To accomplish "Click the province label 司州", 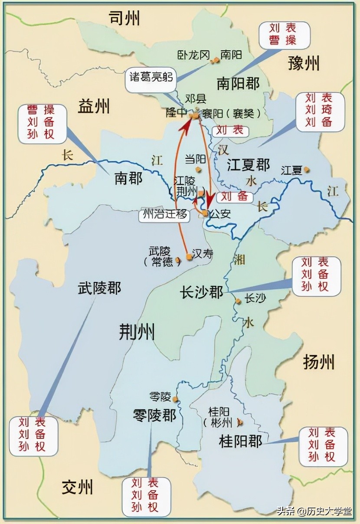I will click(124, 18).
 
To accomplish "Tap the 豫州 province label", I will click(303, 63).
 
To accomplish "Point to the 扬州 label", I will click(319, 361).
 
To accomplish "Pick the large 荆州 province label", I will click(137, 332).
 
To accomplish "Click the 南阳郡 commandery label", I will click(238, 83).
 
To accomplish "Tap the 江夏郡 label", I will click(249, 165).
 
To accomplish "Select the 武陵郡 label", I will click(100, 288).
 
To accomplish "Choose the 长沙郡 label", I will click(201, 292).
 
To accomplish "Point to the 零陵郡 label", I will click(154, 415).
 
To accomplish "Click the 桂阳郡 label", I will click(241, 442).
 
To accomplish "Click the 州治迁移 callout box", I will click(164, 215).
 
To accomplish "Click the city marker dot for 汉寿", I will click(189, 257).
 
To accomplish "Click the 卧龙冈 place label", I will click(193, 55).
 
